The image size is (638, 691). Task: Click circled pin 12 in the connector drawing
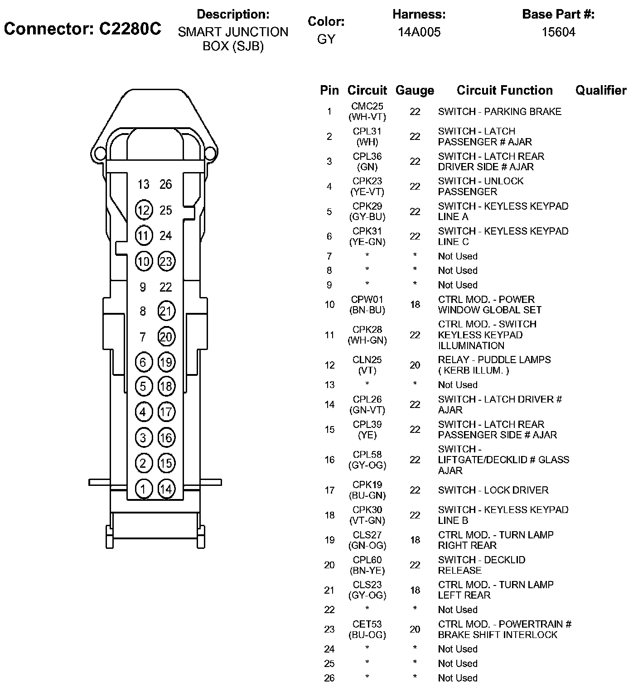[x=144, y=210]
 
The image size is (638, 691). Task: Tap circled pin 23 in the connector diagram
[x=166, y=261]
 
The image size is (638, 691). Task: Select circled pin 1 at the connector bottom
[x=144, y=489]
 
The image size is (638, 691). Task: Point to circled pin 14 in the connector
[x=166, y=489]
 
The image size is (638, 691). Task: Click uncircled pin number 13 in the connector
[x=144, y=184]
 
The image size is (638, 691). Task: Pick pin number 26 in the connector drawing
[x=166, y=184]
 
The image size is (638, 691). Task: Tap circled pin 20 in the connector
[x=166, y=337]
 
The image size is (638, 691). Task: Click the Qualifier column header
[x=601, y=91]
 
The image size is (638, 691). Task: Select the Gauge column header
[x=415, y=91]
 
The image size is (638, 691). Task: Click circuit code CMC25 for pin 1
[x=367, y=106]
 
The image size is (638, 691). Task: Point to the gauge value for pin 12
[x=415, y=365]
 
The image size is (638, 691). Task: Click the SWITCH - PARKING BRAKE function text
[x=499, y=111]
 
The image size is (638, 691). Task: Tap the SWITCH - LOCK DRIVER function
[x=493, y=490]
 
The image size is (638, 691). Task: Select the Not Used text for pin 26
[x=458, y=678]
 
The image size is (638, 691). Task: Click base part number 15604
[x=558, y=32]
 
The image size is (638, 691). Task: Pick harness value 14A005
[x=419, y=32]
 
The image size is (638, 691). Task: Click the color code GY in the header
[x=326, y=39]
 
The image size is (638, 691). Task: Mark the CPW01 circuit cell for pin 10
[x=367, y=300]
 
